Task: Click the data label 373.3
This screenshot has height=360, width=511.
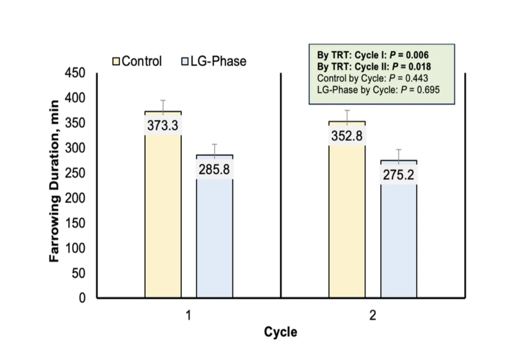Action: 163,126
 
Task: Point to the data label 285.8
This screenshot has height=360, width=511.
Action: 215,169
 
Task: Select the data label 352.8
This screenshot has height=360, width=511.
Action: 347,136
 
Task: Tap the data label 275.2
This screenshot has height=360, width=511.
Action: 399,175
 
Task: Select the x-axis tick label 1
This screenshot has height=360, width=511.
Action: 188,316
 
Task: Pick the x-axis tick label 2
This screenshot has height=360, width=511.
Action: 372,316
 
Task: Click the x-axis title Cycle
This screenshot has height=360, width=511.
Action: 281,332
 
